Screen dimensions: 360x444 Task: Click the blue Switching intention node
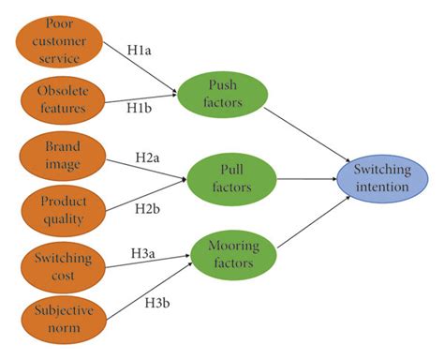tap(381, 178)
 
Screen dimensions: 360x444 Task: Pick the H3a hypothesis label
tap(144, 251)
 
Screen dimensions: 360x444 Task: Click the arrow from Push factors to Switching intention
tap(310, 132)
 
